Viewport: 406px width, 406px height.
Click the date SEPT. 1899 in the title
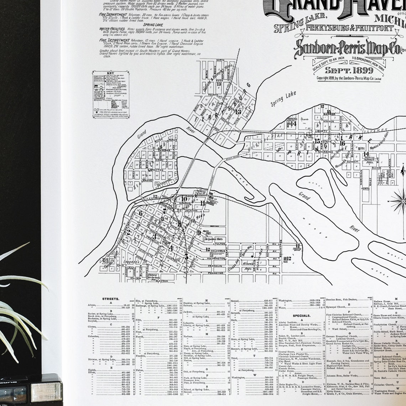(344, 70)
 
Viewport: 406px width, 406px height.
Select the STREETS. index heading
(111, 299)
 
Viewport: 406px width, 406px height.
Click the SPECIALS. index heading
(301, 316)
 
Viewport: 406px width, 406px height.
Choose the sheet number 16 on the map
(342, 143)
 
